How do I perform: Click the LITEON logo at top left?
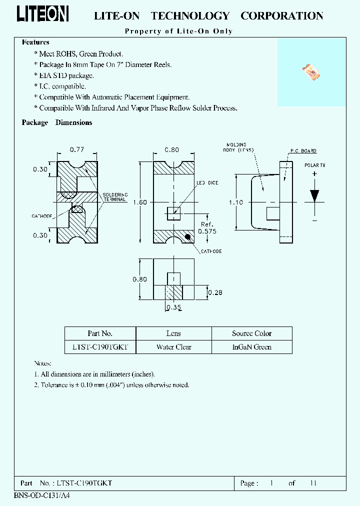coord(42,15)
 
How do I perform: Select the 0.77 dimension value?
coord(76,149)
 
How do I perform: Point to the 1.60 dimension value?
coord(141,202)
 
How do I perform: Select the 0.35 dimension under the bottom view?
coord(173,308)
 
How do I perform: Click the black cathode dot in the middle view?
coord(188,236)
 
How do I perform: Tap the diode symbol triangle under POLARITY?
coord(314,195)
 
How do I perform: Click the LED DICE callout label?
coord(207,183)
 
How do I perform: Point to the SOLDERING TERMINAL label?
coord(115,196)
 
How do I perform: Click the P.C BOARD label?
coord(303,151)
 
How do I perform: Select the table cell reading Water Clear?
coord(173,347)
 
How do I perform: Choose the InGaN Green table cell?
coord(251,347)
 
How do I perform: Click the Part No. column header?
coord(100,333)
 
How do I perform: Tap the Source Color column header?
coord(251,333)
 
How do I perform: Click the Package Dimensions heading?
coord(57,122)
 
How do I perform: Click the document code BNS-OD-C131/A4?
coord(38,496)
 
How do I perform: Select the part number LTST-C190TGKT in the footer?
coord(85,483)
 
